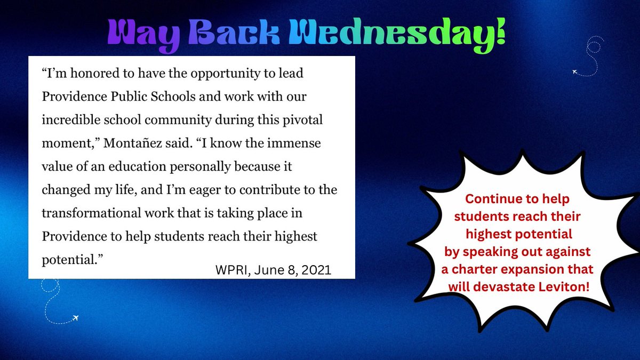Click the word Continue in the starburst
pos(489,199)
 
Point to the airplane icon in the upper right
pos(575,71)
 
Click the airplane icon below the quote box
pos(74,318)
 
